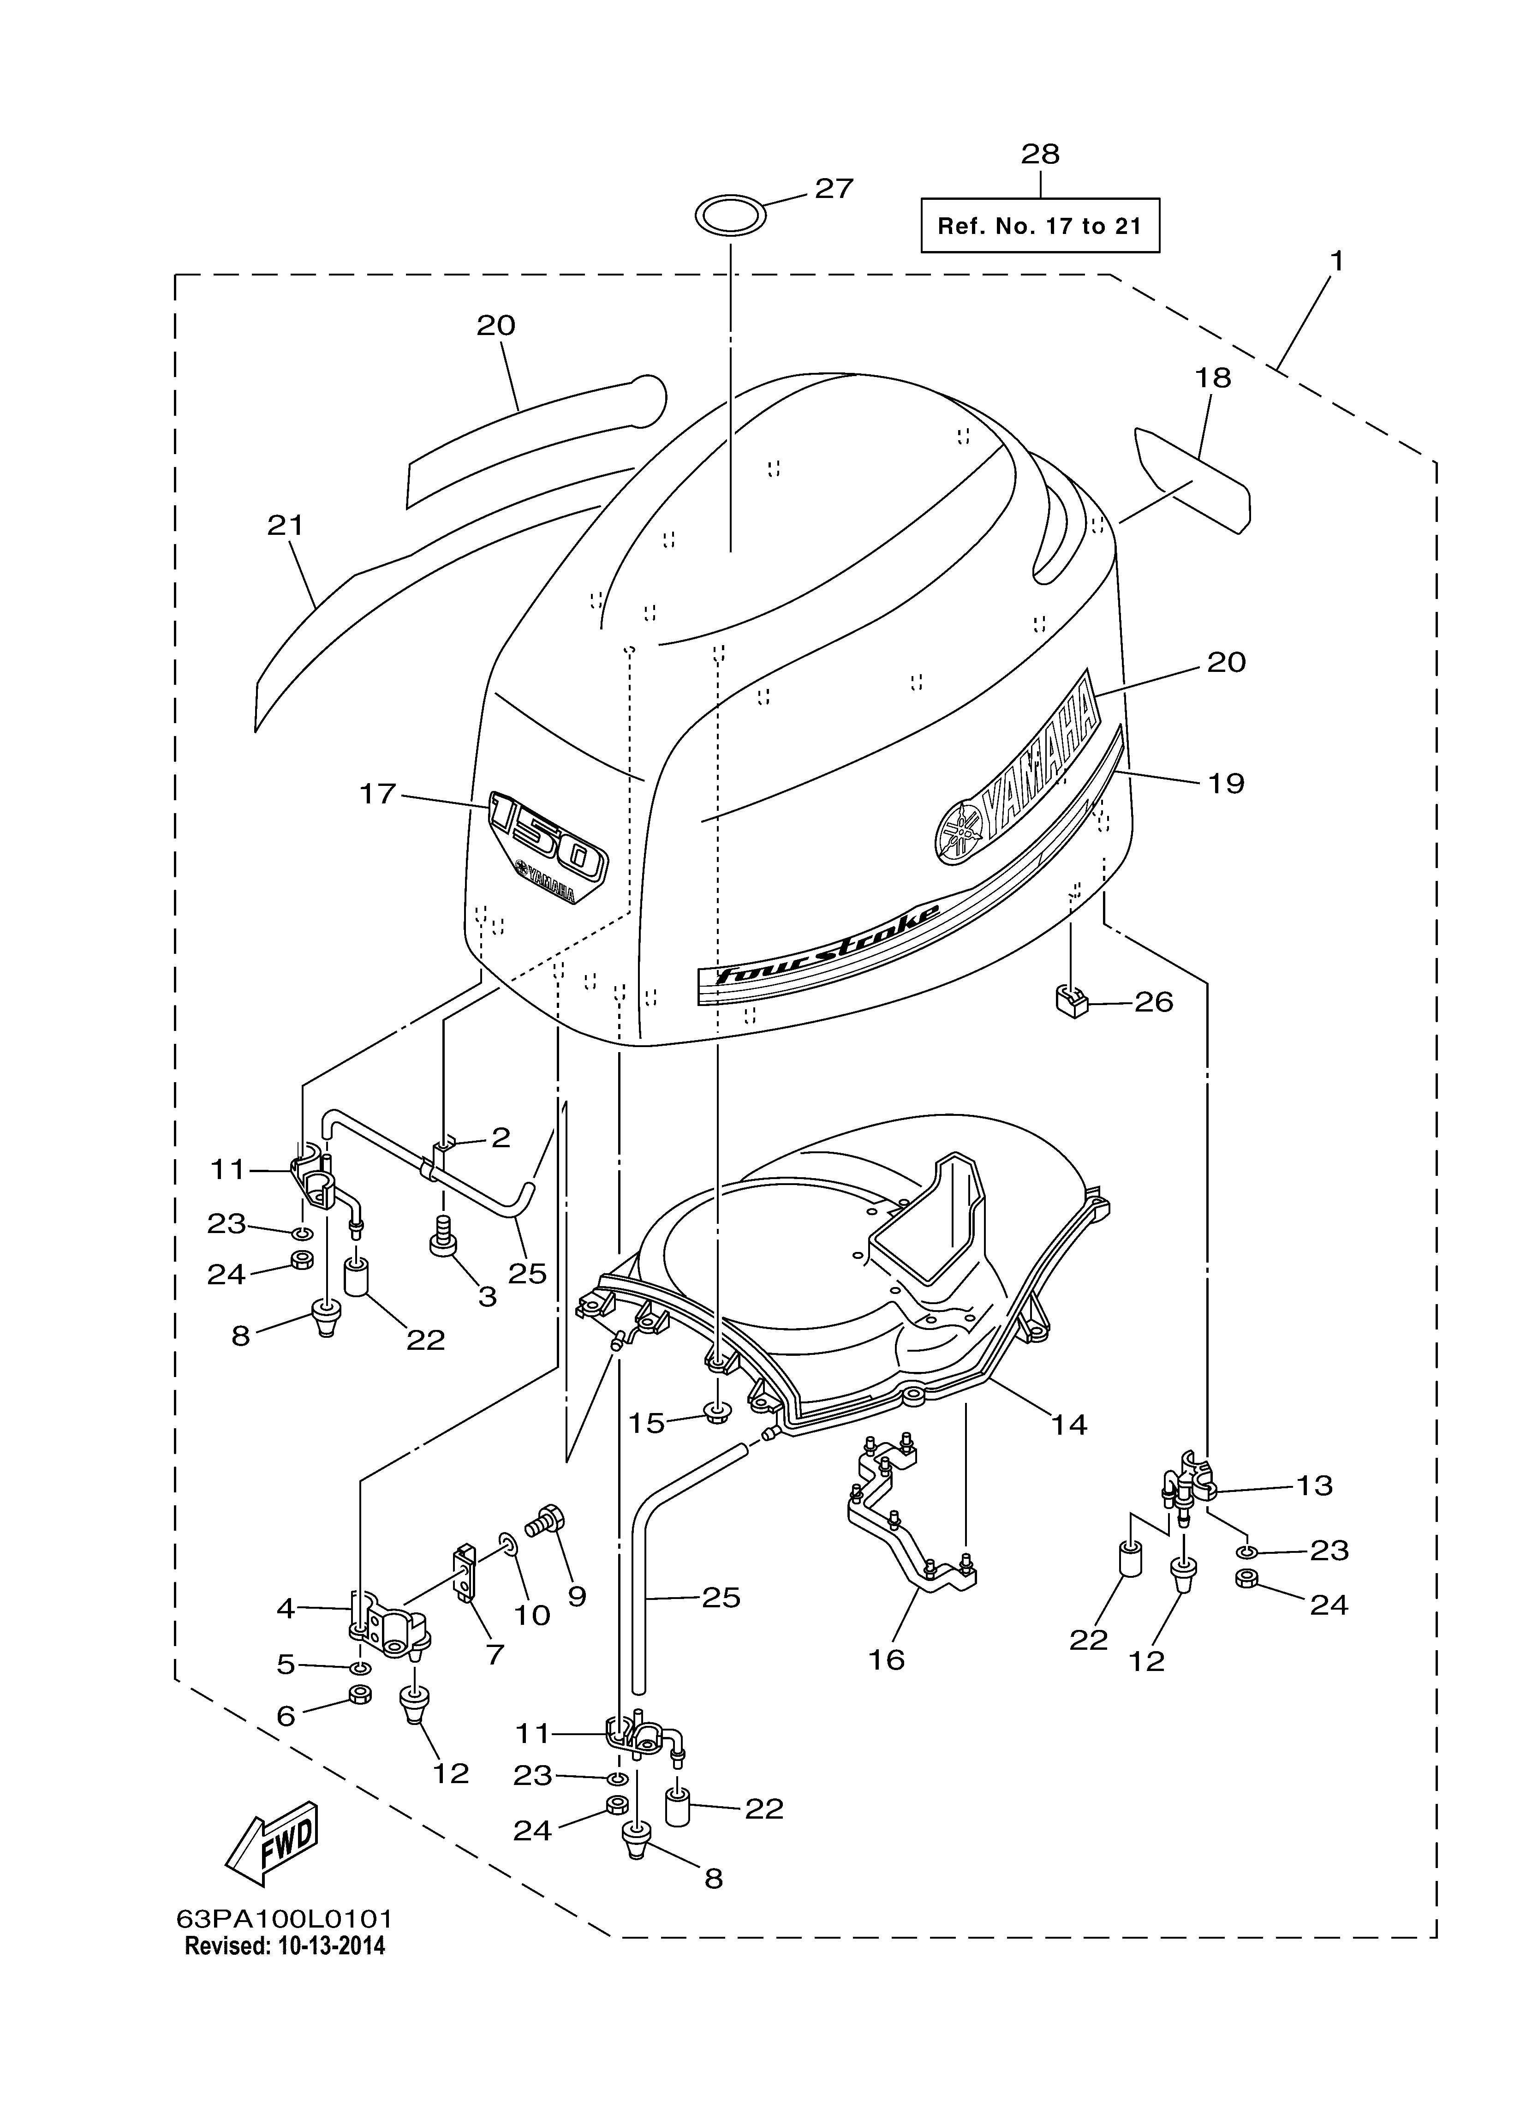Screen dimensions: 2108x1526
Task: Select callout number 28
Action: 1040,154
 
